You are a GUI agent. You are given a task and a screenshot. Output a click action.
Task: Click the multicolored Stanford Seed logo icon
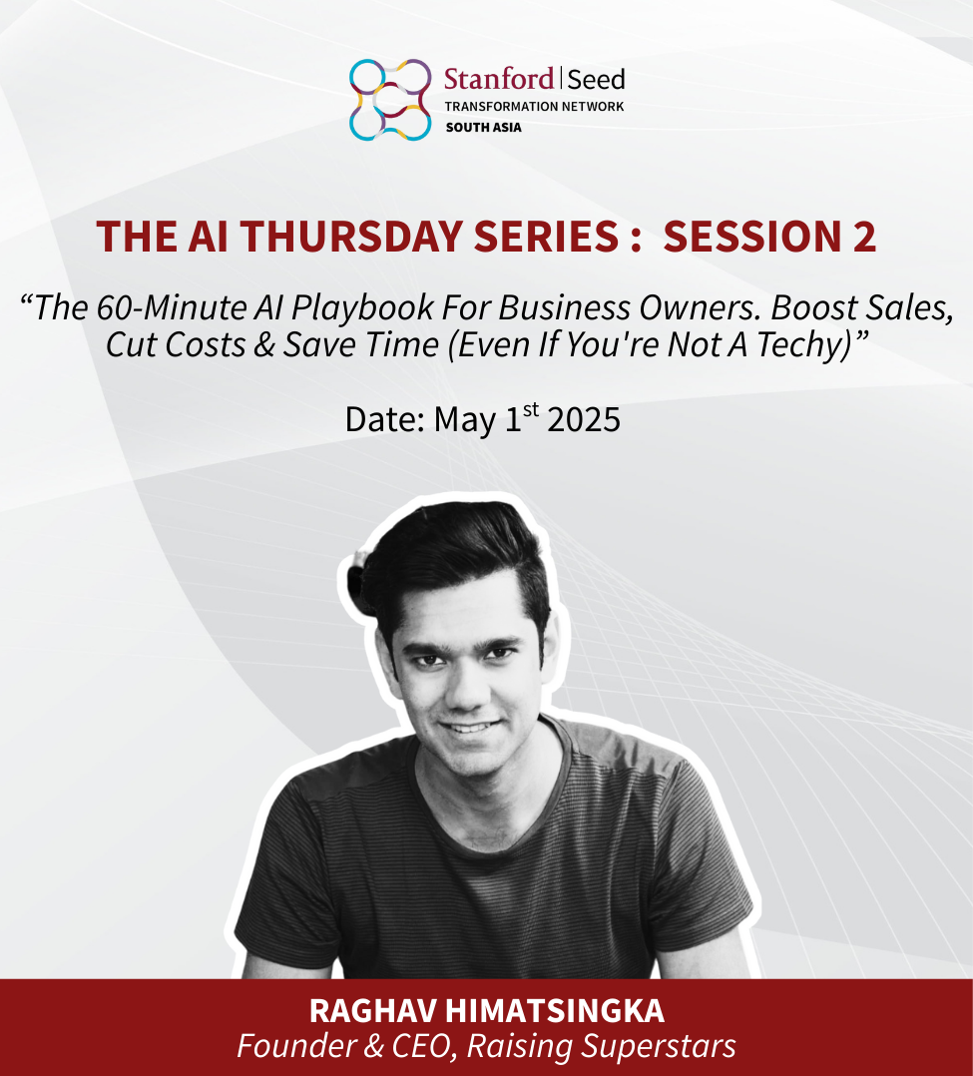click(390, 100)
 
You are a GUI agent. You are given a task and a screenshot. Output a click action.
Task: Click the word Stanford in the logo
click(499, 79)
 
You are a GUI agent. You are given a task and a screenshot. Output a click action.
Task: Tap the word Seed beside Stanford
click(597, 80)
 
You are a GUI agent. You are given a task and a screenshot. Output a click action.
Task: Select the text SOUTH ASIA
click(483, 127)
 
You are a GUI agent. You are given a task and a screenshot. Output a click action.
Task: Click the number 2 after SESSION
click(864, 236)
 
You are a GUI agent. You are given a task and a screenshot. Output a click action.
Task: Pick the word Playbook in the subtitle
click(362, 308)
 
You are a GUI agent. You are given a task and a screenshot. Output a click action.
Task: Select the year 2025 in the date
click(584, 419)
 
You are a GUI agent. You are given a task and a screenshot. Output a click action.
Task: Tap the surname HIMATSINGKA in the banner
click(555, 1011)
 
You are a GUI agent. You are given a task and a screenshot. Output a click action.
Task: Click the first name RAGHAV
click(372, 1011)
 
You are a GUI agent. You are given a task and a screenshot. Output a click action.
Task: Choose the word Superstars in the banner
click(658, 1046)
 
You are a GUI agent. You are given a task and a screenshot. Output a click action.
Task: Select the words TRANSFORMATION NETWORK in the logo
click(534, 107)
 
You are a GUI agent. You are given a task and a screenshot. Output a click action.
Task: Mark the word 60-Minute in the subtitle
click(172, 308)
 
